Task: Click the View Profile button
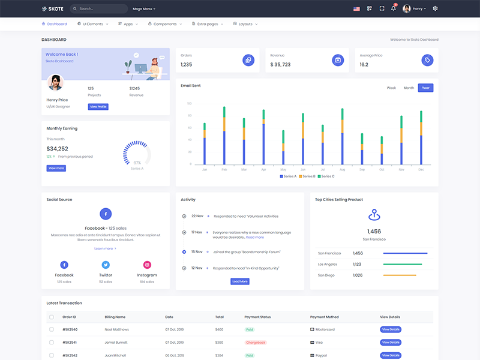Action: pos(98,107)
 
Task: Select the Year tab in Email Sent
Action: pos(425,88)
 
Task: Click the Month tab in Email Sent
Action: pos(409,88)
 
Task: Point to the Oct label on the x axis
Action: pos(382,170)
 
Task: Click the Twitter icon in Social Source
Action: pos(106,265)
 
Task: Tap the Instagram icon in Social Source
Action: pos(147,265)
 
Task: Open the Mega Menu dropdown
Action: pos(144,9)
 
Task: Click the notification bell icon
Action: pos(394,8)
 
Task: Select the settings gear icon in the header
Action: pos(435,8)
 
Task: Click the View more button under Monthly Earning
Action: pos(56,169)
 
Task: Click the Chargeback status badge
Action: pos(255,343)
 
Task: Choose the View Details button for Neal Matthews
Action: pos(390,329)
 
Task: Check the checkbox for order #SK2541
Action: pos(52,343)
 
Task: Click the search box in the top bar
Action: pos(98,9)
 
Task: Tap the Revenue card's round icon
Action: pos(338,60)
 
